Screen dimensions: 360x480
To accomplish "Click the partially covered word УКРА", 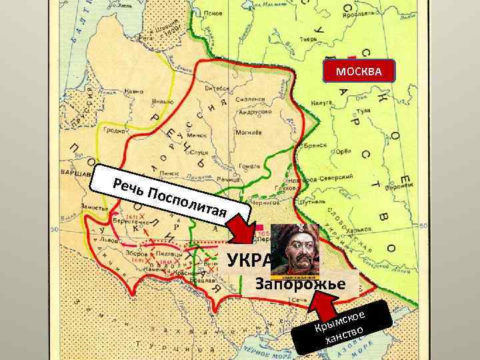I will (x=248, y=259).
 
